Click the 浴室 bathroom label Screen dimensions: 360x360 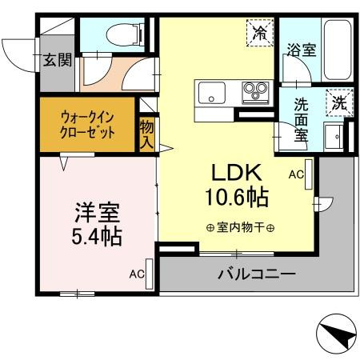pyautogui.click(x=302, y=49)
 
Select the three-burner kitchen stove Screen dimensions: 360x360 pyautogui.click(x=254, y=90)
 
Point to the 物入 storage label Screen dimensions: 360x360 pyautogui.click(x=146, y=134)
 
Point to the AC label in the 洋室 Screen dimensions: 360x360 pyautogui.click(x=136, y=274)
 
